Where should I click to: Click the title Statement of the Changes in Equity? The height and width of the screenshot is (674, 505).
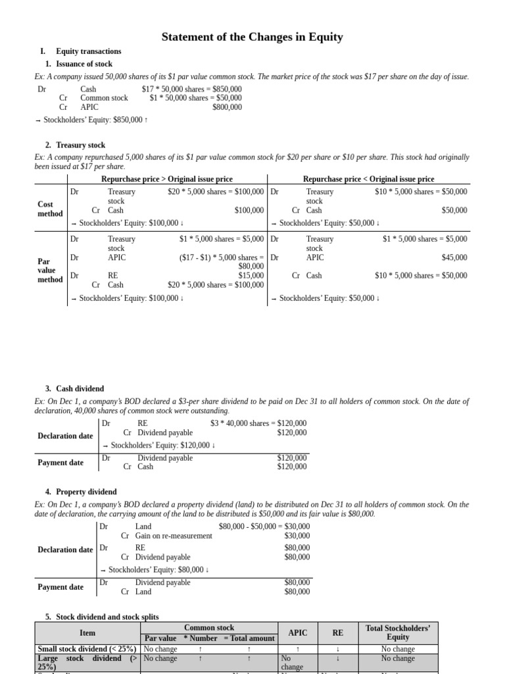pos(252,37)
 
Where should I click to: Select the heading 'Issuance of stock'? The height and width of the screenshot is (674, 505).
pos(84,64)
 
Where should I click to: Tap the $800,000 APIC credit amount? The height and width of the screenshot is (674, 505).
pos(227,107)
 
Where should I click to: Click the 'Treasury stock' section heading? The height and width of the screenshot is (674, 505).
pos(80,145)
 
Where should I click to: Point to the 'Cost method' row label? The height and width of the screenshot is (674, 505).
pos(51,209)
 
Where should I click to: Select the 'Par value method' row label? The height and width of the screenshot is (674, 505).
pos(51,270)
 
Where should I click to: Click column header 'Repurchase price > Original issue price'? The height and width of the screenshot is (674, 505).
pos(167,179)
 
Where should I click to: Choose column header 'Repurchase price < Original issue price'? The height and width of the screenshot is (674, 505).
pos(368,179)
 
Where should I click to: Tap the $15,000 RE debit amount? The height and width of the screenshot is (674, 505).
pos(251,276)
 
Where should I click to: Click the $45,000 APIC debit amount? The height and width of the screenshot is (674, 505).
pos(454,257)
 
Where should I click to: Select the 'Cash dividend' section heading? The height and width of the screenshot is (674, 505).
pos(80,389)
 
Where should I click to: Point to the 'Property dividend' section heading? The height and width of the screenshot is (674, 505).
pos(86,492)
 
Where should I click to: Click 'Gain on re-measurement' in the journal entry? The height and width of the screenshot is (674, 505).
pos(174,536)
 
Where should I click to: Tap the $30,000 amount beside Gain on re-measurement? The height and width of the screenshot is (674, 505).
pos(297,536)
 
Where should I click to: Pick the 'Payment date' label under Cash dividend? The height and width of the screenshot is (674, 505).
pos(60,463)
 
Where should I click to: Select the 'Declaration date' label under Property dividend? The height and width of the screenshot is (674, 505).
pos(65,550)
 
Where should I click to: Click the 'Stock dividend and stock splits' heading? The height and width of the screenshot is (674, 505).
pos(107,617)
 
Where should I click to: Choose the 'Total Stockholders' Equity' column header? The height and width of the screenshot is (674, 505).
pos(398,633)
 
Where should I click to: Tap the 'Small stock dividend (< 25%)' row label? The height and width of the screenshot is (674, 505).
pos(87,649)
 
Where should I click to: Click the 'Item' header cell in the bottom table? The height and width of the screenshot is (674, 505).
pos(87,633)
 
